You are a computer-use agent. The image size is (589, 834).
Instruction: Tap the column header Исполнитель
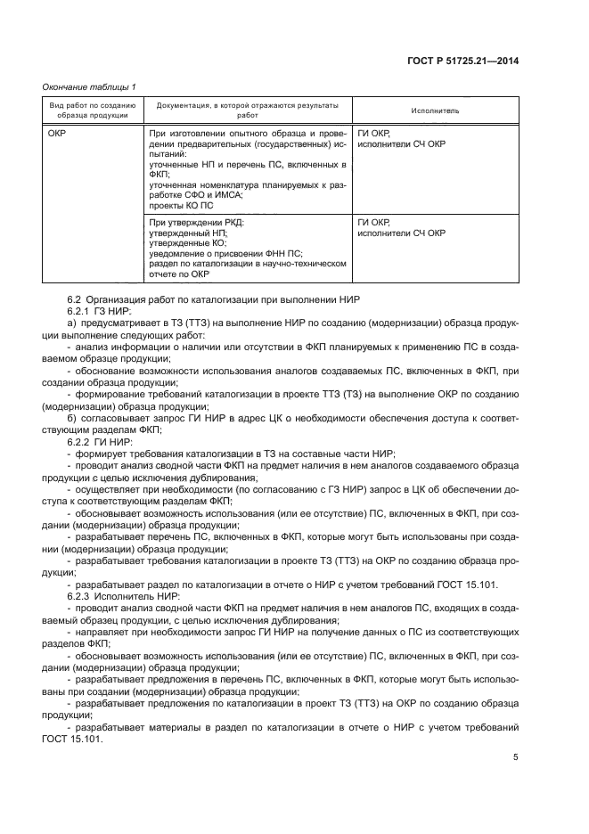click(435, 110)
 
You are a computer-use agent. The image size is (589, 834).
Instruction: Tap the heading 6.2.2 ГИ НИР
click(100, 440)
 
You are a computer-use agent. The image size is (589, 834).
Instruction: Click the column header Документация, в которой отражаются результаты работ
click(247, 110)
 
